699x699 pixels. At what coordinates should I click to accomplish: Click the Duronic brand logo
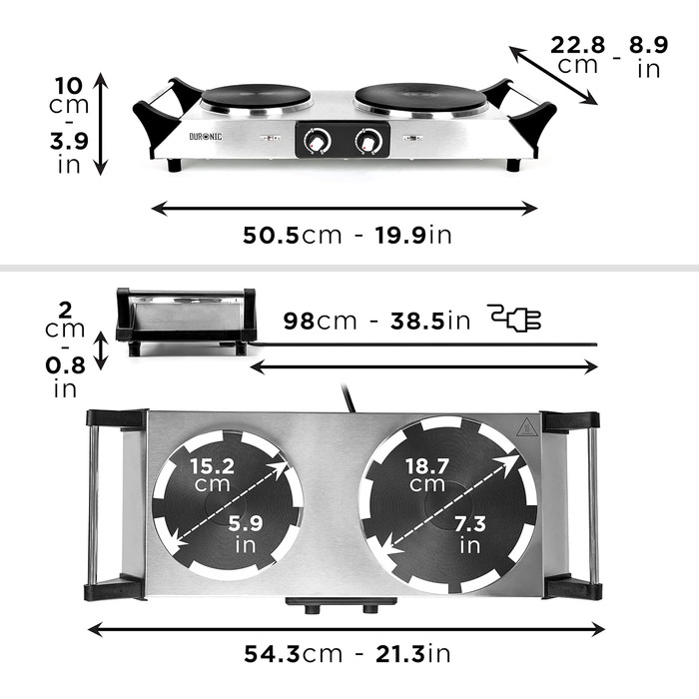206,137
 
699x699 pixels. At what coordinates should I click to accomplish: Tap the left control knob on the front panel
317,142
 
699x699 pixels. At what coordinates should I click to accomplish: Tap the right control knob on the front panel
368,142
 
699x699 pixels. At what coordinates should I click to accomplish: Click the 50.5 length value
271,235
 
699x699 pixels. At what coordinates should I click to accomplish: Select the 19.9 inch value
400,235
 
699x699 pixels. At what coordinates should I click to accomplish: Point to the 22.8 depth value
578,45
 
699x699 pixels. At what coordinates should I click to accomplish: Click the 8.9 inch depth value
649,45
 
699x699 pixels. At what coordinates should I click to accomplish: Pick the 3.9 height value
69,142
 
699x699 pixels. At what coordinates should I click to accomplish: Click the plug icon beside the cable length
514,318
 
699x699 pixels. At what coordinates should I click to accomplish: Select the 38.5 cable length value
417,321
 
